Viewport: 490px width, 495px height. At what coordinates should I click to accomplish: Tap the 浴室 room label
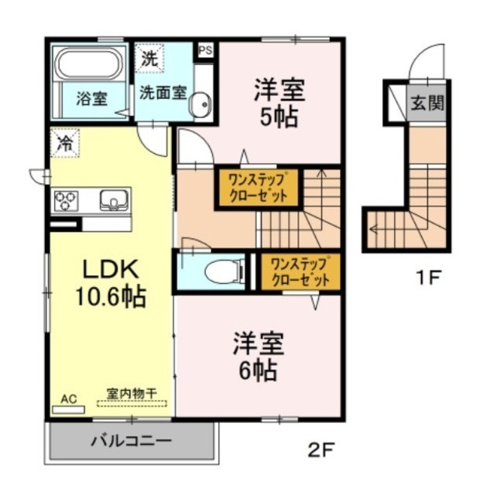coord(91,98)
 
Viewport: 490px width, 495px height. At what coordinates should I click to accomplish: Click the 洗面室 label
coord(163,91)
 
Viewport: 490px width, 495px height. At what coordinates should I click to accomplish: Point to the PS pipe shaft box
coord(205,50)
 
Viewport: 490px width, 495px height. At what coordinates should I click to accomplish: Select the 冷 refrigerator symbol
coord(66,143)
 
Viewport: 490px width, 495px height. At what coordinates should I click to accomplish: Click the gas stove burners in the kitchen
coord(65,201)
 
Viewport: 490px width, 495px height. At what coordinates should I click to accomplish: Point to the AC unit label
coord(69,399)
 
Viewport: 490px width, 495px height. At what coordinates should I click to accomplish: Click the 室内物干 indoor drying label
coord(132,394)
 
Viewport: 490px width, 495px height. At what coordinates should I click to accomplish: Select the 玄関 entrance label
coord(426,102)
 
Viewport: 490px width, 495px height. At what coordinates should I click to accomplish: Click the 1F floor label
coord(425,276)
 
